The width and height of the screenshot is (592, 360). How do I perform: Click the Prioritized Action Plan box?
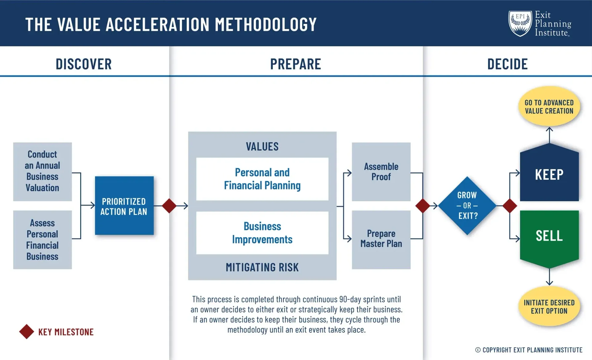(124, 206)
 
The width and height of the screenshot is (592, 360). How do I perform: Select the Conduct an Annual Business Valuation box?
(43, 172)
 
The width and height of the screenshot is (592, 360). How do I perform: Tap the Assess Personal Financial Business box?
(43, 240)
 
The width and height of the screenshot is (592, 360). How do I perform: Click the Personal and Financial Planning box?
(262, 179)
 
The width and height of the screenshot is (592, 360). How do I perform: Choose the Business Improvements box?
(262, 233)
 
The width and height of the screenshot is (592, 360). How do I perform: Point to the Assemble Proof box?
(381, 172)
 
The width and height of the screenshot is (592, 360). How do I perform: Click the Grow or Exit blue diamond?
(467, 206)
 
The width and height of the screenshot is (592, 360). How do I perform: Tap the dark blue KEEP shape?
(549, 175)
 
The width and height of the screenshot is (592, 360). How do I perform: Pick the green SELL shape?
(549, 236)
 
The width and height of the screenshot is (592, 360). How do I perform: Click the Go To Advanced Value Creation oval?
(549, 107)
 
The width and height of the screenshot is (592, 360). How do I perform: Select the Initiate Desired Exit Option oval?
(549, 307)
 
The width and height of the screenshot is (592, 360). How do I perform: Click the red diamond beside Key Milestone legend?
(27, 332)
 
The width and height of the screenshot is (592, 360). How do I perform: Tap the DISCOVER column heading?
(84, 64)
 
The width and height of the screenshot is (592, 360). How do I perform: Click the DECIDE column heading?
(508, 64)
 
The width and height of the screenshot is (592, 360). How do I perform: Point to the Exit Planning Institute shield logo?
(520, 23)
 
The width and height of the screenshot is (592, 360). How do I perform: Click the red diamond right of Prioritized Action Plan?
(169, 206)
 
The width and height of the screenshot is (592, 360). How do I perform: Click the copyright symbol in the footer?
(478, 350)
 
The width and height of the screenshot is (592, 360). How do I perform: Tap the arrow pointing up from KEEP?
(549, 134)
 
